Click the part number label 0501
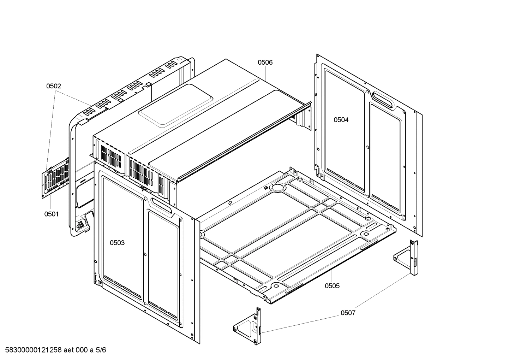[51, 214]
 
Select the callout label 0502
[54, 86]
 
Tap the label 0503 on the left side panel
[117, 243]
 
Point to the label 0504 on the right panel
[341, 120]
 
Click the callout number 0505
[332, 286]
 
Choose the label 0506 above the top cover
[265, 63]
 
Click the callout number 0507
[348, 313]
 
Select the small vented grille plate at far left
[56, 177]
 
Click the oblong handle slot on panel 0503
[161, 206]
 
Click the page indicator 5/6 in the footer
[101, 350]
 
